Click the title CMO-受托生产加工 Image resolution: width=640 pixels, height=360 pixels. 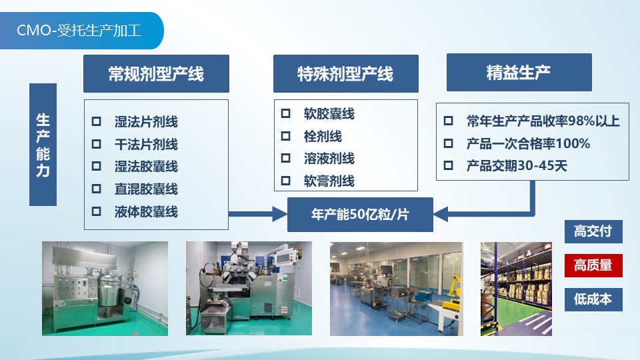pos(79,31)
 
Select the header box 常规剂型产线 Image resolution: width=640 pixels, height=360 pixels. pos(156,74)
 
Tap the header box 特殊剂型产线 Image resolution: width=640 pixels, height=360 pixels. pos(346,74)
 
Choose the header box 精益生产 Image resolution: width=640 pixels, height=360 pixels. pos(519,72)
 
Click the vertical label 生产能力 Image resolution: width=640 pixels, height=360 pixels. pos(43,145)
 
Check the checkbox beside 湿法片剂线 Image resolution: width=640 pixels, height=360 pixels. pos(96,121)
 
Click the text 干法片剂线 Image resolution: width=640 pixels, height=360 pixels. pos(146,144)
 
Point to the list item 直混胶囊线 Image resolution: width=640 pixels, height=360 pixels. pos(146,189)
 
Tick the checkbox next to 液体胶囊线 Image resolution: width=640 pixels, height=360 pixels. pos(96,211)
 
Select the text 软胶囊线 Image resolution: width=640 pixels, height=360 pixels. pos(329,113)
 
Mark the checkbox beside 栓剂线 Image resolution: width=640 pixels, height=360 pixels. pos(286,135)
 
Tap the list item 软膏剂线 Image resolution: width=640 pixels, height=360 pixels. pos(329,181)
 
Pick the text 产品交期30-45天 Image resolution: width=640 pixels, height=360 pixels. pos(517,166)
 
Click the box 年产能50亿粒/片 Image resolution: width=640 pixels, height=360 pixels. pos(360,214)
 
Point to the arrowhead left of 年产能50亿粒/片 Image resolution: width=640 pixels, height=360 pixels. pos(280,214)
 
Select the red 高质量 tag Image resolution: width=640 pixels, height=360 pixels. pos(593,265)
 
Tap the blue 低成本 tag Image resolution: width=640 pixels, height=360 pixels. pos(593,299)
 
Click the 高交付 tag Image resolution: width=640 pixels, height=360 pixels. pos(593,231)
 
